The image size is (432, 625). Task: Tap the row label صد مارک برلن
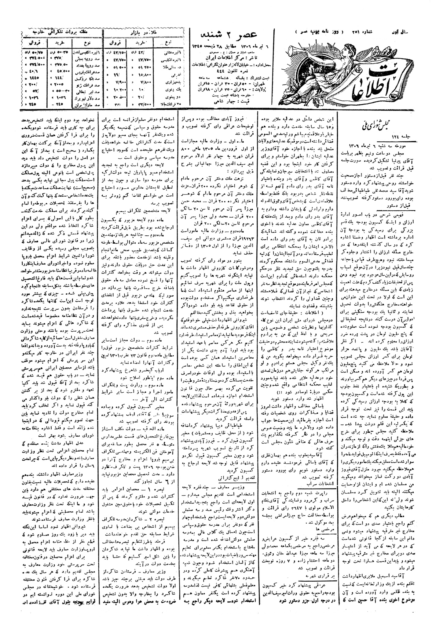click(x=84, y=104)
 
